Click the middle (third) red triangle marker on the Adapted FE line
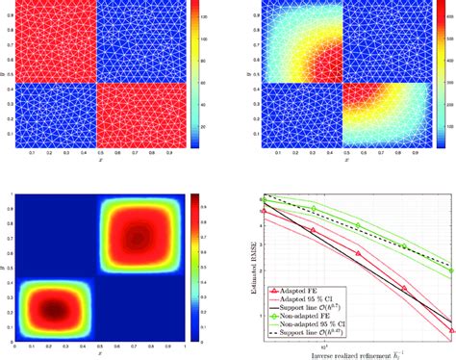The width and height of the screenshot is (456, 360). click(358, 253)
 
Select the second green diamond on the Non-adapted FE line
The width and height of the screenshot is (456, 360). click(313, 209)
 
